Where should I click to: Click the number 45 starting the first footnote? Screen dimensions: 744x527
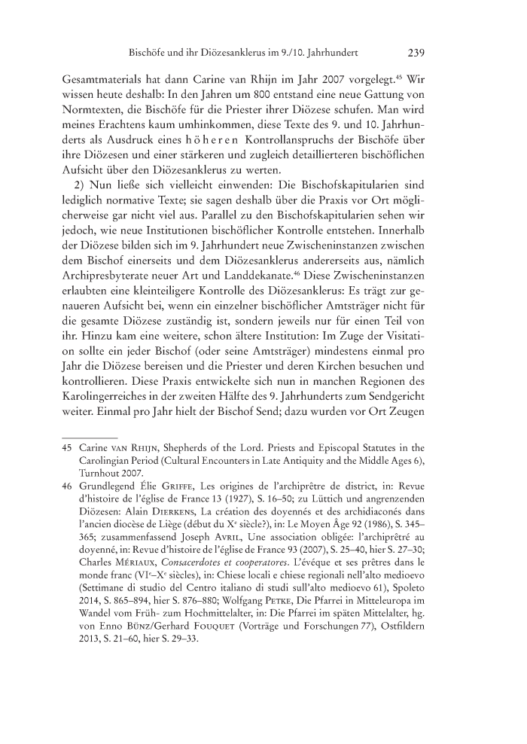pos(66,450)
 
